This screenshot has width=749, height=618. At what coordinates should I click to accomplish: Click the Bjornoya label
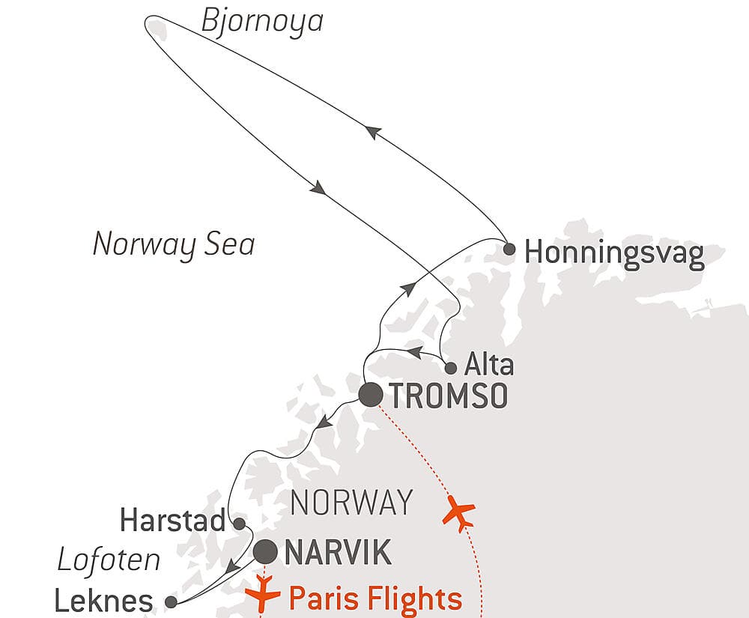(x=262, y=21)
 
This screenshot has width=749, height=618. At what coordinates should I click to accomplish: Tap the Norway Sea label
(x=173, y=245)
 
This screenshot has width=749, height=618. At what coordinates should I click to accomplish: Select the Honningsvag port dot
(x=509, y=249)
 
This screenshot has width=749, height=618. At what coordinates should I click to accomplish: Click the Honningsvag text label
(x=614, y=255)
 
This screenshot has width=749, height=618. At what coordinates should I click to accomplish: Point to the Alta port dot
(x=450, y=368)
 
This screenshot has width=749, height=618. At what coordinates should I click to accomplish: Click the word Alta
(x=489, y=366)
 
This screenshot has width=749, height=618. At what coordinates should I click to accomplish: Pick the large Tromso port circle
(x=371, y=395)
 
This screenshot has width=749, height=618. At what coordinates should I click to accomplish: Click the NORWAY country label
(x=351, y=502)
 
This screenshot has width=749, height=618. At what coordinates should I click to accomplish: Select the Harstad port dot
(x=239, y=523)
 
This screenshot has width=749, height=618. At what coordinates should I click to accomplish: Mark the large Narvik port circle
(x=266, y=553)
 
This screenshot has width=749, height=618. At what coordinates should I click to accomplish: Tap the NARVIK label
(x=338, y=554)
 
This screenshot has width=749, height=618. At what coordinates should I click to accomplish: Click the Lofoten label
(x=109, y=560)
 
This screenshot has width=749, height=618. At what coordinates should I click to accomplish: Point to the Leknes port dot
(x=171, y=602)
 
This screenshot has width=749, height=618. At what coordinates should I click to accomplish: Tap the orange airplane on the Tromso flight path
(x=458, y=514)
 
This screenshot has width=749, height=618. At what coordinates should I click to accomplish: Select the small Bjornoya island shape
(x=155, y=27)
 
